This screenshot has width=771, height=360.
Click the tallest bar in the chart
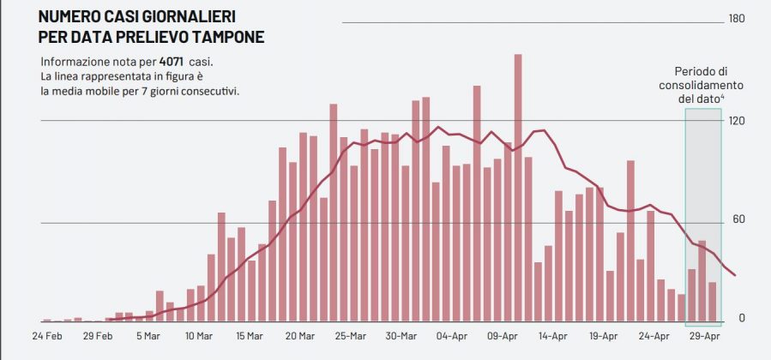click(519, 189)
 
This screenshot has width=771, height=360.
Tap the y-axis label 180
click(735, 19)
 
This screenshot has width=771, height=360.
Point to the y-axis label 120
click(735, 120)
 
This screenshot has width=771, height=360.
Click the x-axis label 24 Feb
click(47, 336)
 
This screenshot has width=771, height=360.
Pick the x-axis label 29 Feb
click(98, 336)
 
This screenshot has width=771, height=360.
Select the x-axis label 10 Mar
click(200, 336)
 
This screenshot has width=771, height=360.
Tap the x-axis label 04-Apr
click(451, 336)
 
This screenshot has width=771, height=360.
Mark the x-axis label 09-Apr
click(503, 336)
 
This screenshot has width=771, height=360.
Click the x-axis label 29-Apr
click(705, 336)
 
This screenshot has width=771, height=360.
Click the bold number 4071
click(172, 62)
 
